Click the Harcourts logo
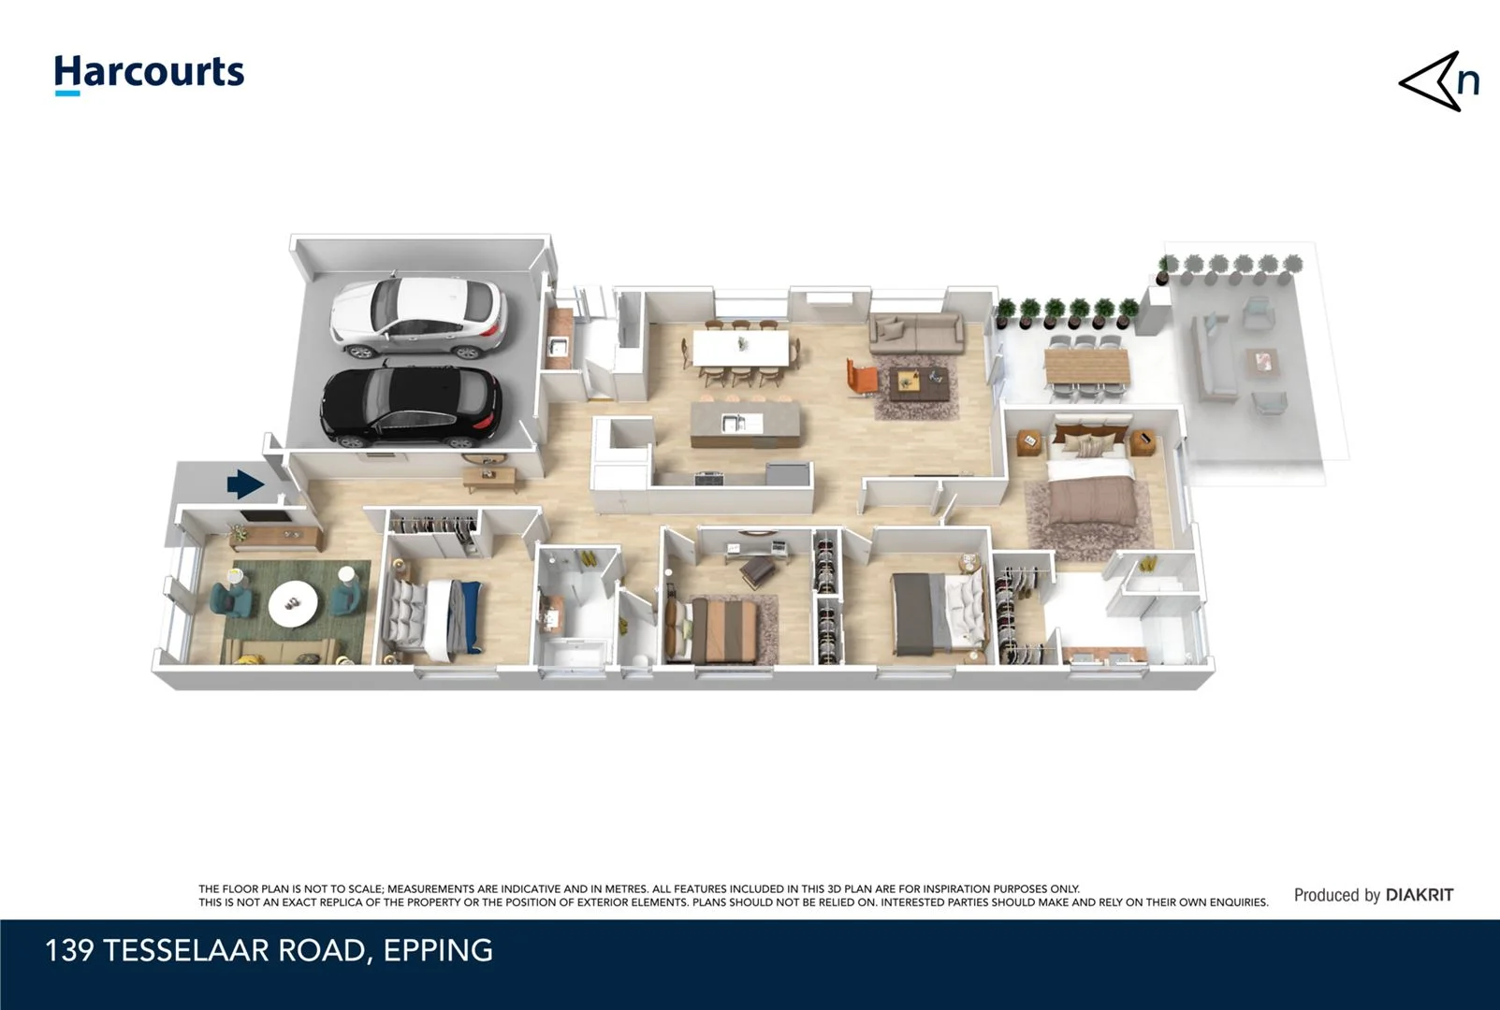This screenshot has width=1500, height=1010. click(x=149, y=73)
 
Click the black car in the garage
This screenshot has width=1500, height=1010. click(x=411, y=406)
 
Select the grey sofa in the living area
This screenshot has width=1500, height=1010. click(x=915, y=333)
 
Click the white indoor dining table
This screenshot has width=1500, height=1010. click(x=740, y=349)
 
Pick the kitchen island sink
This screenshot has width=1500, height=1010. click(x=734, y=423)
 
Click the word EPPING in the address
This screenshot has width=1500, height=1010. click(x=438, y=950)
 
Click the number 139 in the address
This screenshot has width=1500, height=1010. click(x=69, y=950)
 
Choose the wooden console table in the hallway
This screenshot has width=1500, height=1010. click(x=490, y=478)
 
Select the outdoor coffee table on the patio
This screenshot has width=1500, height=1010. click(x=1260, y=361)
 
